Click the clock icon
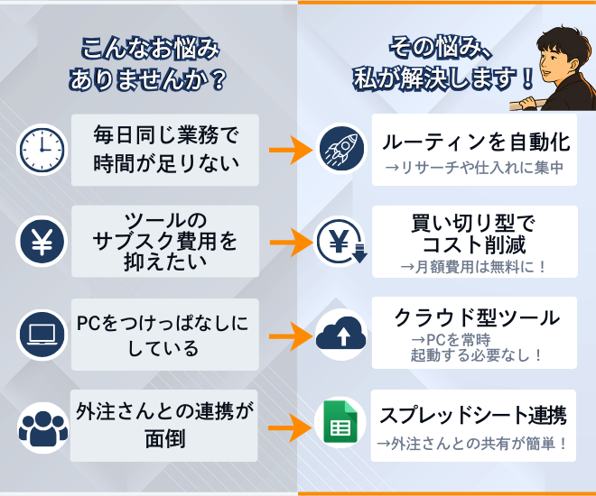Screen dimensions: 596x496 pyautogui.click(x=42, y=150)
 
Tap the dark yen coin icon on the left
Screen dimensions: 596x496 pyautogui.click(x=42, y=242)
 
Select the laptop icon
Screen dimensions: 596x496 pyautogui.click(x=42, y=335)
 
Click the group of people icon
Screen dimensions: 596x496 pyautogui.click(x=43, y=428)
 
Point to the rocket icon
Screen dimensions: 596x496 pyautogui.click(x=341, y=148)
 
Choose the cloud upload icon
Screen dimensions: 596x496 pyautogui.click(x=341, y=335)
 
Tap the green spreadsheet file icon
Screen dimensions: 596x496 pyautogui.click(x=340, y=422)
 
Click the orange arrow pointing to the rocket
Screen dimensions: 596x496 pyautogui.click(x=291, y=150)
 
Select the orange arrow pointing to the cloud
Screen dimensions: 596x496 pyautogui.click(x=291, y=336)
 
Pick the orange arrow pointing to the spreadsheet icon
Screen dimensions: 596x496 pyautogui.click(x=291, y=427)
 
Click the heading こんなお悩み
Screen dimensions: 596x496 pyautogui.click(x=150, y=50)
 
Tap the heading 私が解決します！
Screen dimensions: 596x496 pyautogui.click(x=443, y=79)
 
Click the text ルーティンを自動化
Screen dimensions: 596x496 pyautogui.click(x=476, y=142)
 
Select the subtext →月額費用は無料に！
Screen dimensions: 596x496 pyautogui.click(x=473, y=267)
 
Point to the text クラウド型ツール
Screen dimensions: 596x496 pyautogui.click(x=477, y=317)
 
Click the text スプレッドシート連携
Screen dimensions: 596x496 pyautogui.click(x=473, y=415)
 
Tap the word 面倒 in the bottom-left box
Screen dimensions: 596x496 pyautogui.click(x=165, y=439)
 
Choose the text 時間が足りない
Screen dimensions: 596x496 pyautogui.click(x=166, y=163)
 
